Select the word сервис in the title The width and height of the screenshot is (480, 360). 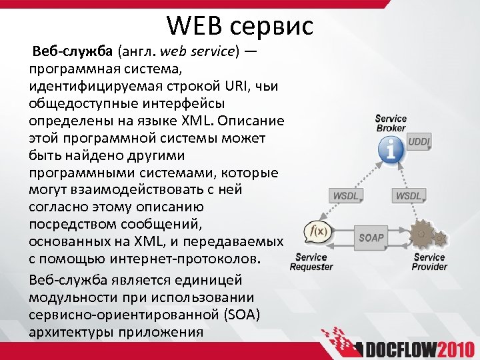(271, 27)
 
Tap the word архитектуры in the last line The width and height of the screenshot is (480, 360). (71, 331)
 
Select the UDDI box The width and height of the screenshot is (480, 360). (419, 142)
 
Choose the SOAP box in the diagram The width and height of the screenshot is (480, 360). (371, 237)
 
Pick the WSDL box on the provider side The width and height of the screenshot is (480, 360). (409, 195)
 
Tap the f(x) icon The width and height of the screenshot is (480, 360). (315, 231)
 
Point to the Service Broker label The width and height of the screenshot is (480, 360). (391, 123)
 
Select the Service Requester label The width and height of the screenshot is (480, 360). (311, 262)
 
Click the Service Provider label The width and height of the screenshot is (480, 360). (429, 262)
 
